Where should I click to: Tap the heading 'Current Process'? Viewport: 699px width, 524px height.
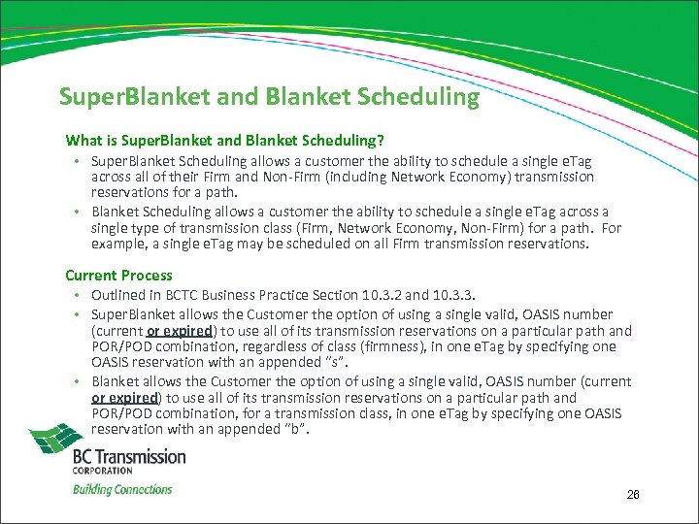(118, 275)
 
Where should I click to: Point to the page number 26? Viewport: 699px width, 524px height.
(633, 496)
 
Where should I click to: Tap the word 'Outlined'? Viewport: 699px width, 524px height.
(119, 295)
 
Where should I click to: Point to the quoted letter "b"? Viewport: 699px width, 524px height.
(293, 429)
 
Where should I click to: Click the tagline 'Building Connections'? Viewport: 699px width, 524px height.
(122, 489)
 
